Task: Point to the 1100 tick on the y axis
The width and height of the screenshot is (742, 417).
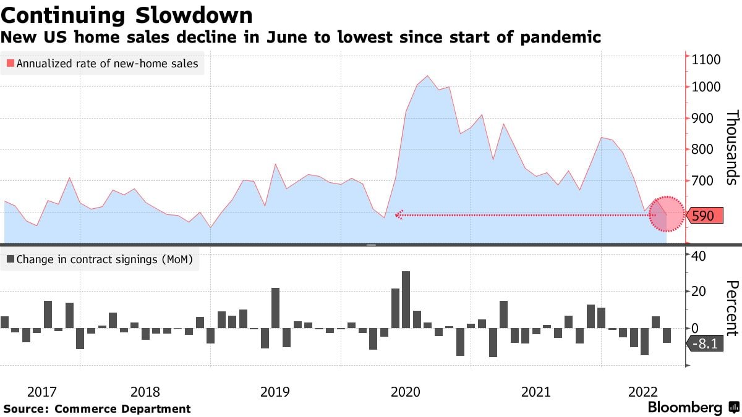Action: pyautogui.click(x=706, y=60)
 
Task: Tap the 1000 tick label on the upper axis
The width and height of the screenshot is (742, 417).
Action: pyautogui.click(x=706, y=87)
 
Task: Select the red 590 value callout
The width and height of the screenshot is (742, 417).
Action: pyautogui.click(x=704, y=216)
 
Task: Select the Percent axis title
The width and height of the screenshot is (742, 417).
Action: pyautogui.click(x=732, y=308)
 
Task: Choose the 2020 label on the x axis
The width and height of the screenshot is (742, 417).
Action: pyautogui.click(x=406, y=392)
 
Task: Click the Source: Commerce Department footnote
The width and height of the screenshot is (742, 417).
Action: pyautogui.click(x=97, y=409)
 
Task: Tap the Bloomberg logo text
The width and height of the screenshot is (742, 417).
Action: pyautogui.click(x=684, y=408)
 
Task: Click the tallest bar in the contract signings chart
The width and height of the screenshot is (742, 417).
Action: pyautogui.click(x=406, y=300)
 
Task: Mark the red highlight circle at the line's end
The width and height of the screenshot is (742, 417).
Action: pyautogui.click(x=667, y=214)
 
